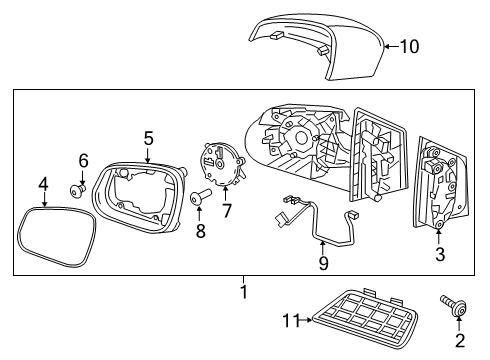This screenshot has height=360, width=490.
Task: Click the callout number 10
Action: click(x=410, y=45)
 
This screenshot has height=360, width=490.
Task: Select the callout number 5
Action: click(x=147, y=138)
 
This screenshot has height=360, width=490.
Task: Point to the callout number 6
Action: click(x=84, y=160)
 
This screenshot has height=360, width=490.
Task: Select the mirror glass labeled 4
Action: click(x=54, y=238)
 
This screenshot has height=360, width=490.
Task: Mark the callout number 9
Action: click(x=322, y=265)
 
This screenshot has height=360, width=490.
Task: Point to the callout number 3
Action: click(x=439, y=254)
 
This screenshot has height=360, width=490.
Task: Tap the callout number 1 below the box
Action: click(x=244, y=292)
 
